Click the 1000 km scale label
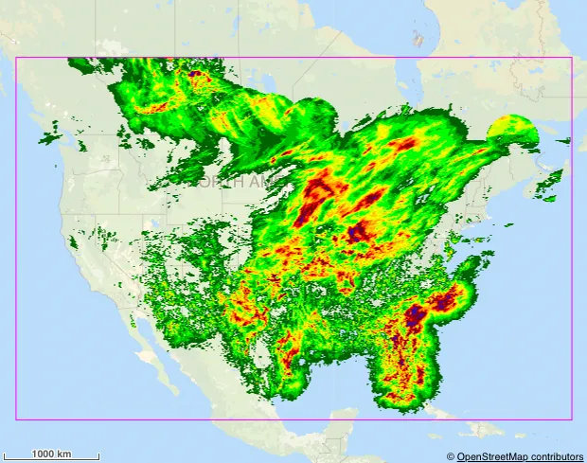coord(52,454)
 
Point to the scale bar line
coord(52,460)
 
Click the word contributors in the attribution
coord(553,456)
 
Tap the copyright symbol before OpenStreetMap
coord(451,456)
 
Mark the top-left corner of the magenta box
coord(16,58)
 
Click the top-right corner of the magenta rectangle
coord(572,58)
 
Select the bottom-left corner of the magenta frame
coord(16,418)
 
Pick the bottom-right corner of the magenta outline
coord(572,418)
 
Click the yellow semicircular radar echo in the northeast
coord(512,130)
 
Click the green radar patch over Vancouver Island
coord(51,142)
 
